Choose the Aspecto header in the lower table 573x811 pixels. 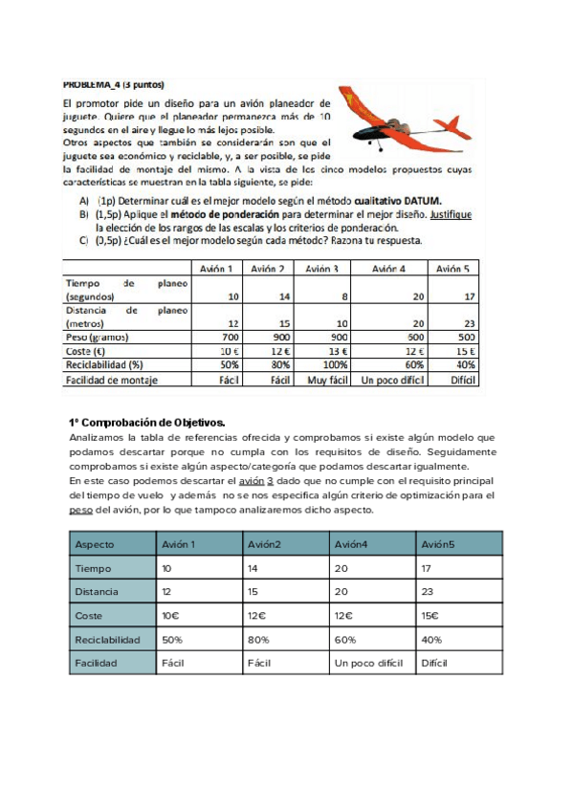tap(95, 544)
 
